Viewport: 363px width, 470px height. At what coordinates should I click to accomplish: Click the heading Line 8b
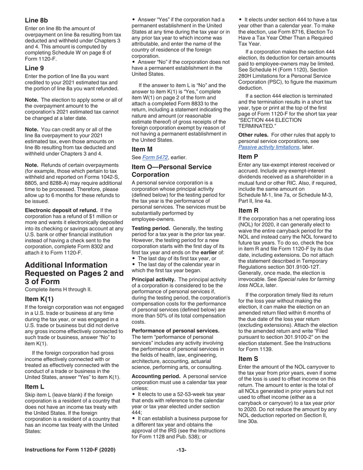click(x=36, y=20)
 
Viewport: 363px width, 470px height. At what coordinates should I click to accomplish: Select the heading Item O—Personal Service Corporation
click(x=171, y=171)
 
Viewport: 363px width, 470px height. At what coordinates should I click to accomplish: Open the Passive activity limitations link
click(x=269, y=147)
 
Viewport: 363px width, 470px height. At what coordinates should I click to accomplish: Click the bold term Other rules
click(x=254, y=135)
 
